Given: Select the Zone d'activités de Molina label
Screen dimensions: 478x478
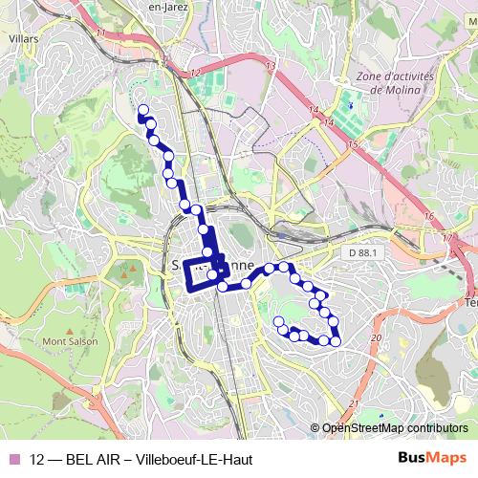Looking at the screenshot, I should tap(382, 82).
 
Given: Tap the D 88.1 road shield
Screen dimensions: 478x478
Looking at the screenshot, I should tap(359, 251).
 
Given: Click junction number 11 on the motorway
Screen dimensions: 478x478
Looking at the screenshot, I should tap(100, 33).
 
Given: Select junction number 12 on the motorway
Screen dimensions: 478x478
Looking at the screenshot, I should tap(197, 73).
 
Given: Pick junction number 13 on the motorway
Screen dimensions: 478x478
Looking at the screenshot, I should tap(271, 65).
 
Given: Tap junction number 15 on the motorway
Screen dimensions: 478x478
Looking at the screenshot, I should tap(353, 144).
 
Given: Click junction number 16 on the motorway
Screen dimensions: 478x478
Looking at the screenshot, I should tap(430, 217).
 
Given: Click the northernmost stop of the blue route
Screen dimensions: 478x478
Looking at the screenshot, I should tap(143, 109).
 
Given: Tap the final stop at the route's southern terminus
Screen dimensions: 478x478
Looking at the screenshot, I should tap(278, 321).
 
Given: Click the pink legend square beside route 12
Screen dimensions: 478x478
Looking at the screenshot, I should tap(13, 460).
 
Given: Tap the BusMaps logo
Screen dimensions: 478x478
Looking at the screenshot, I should tap(432, 459).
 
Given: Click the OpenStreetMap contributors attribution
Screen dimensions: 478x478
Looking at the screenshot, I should tap(395, 428).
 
